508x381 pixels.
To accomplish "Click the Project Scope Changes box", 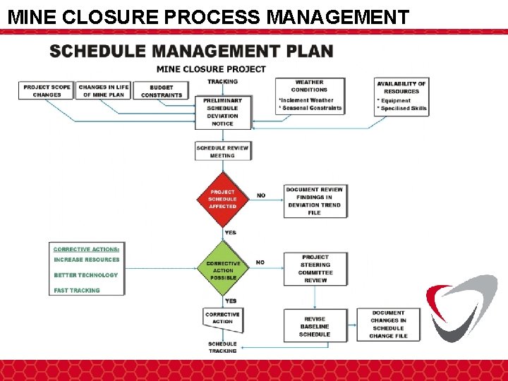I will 47,91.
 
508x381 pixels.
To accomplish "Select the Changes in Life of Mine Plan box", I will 103,91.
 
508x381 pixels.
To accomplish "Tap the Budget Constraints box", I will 162,92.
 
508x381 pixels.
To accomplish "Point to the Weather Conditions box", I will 310,96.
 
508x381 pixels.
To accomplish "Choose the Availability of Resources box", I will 401,97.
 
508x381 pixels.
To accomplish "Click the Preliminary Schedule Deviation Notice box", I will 222,112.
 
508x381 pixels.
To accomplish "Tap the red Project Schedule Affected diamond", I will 222,199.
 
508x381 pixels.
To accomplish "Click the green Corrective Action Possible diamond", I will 223,270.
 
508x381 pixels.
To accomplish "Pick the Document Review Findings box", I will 315,201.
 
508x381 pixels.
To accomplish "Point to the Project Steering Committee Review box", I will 315,269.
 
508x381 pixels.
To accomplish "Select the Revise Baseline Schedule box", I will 315,327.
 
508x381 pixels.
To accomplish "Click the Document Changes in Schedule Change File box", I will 388,325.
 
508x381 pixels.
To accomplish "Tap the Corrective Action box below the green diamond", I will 222,318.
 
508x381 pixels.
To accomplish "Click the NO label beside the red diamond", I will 261,195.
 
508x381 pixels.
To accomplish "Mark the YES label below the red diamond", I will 230,233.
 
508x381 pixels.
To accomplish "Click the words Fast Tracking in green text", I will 77,290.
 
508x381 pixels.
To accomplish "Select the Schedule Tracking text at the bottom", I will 222,347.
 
